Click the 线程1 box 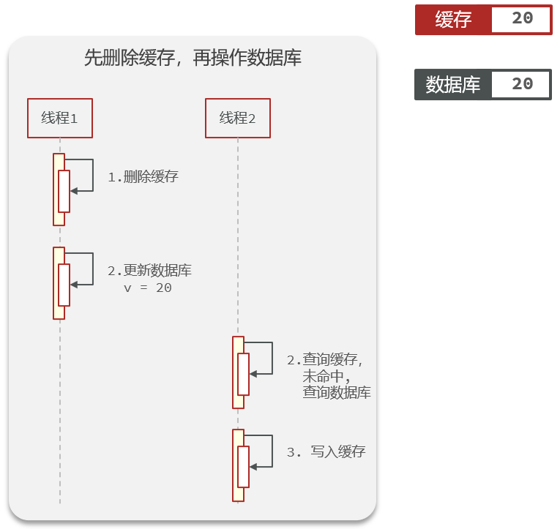coord(60,118)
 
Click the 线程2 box coord(237,118)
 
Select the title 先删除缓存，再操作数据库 coord(193,59)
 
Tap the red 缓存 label coord(454,20)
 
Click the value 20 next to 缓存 coord(522,19)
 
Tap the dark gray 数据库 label coord(453,85)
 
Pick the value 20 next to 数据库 coord(522,84)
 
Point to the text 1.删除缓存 coord(143,177)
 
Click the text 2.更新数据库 coord(149,271)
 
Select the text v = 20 coord(148,288)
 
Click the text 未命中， coord(326,376)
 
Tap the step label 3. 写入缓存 coord(326,452)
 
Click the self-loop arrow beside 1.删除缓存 coord(83,176)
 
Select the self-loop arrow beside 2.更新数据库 coord(83,269)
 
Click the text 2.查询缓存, coord(325,360)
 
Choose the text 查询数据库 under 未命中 coord(337,393)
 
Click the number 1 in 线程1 coord(73,119)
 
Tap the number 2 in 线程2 coord(251,119)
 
